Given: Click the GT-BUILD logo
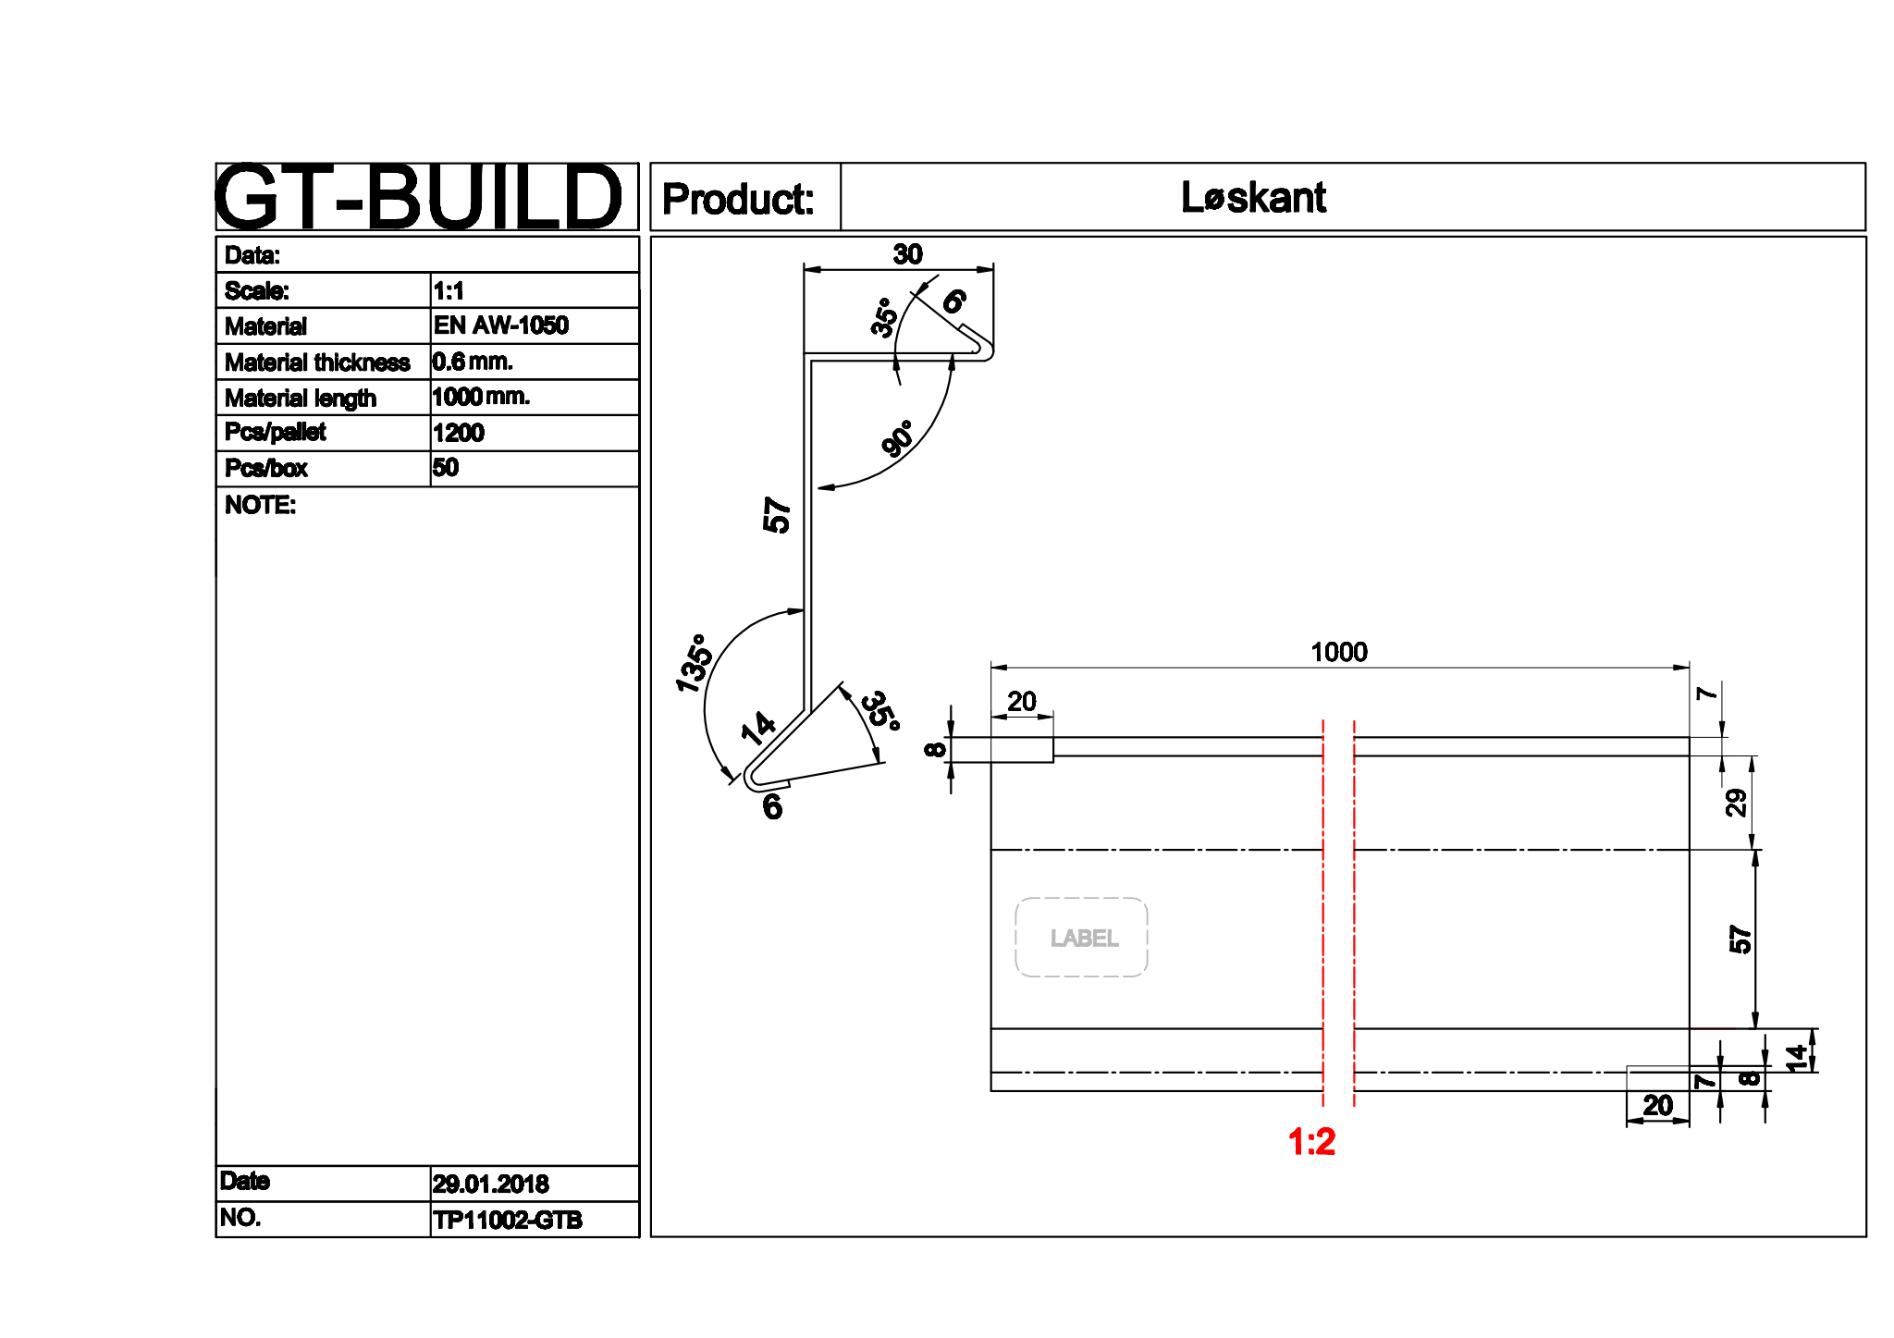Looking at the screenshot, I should pyautogui.click(x=418, y=197).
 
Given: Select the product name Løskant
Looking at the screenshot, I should pyautogui.click(x=1253, y=197).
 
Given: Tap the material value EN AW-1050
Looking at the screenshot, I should pyautogui.click(x=500, y=325).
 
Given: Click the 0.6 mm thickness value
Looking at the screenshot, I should pyautogui.click(x=472, y=362).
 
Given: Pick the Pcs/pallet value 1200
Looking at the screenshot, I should pyautogui.click(x=458, y=433).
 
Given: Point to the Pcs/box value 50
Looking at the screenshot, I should pyautogui.click(x=445, y=468).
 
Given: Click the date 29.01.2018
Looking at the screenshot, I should pyautogui.click(x=490, y=1184).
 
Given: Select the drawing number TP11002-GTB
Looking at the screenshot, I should pyautogui.click(x=507, y=1220).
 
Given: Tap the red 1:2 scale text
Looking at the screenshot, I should pyautogui.click(x=1311, y=1142).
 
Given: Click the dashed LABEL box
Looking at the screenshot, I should pyautogui.click(x=1082, y=938).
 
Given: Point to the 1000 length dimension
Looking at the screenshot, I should pyautogui.click(x=1338, y=652).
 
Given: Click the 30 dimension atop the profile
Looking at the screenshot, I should pyautogui.click(x=907, y=254).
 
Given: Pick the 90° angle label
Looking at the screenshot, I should pyautogui.click(x=897, y=438).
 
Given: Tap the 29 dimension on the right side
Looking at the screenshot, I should pyautogui.click(x=1736, y=802).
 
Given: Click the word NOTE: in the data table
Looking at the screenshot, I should pyautogui.click(x=260, y=505).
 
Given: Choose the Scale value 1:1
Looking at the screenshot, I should pyautogui.click(x=449, y=291).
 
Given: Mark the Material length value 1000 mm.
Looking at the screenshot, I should pyautogui.click(x=480, y=398).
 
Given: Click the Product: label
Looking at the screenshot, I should pyautogui.click(x=738, y=199).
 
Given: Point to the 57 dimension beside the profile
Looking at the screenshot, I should pyautogui.click(x=777, y=515).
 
